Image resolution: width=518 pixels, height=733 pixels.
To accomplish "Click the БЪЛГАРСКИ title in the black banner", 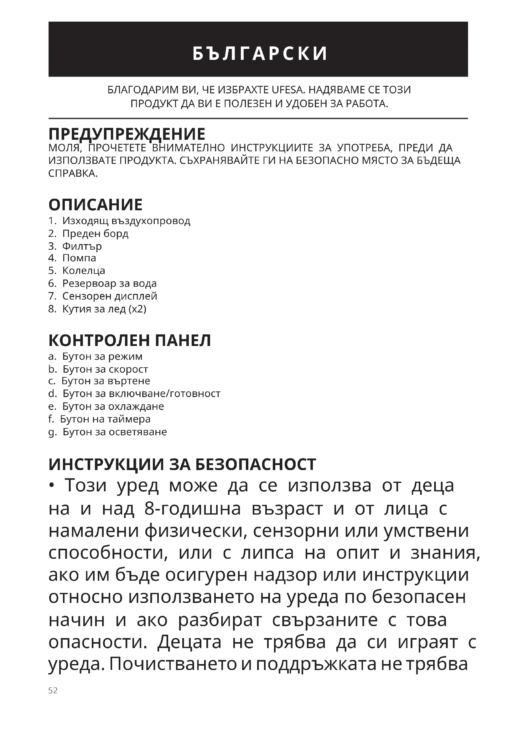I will pyautogui.click(x=260, y=53).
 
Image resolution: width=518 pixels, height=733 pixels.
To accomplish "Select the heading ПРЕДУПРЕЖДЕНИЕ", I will pyautogui.click(x=127, y=134).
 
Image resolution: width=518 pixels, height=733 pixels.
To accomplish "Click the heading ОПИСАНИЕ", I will pyautogui.click(x=96, y=205).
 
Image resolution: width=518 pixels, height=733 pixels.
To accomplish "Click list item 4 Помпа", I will pyautogui.click(x=79, y=258).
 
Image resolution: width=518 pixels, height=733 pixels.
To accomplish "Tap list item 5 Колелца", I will pyautogui.click(x=83, y=271).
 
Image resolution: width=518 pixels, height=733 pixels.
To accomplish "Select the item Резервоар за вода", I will pyautogui.click(x=109, y=284).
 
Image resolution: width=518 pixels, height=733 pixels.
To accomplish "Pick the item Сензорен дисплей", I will pyautogui.click(x=109, y=296).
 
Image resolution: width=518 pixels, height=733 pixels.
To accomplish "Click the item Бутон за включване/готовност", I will pyautogui.click(x=141, y=394).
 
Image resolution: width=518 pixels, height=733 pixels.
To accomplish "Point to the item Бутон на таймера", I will pyautogui.click(x=105, y=419).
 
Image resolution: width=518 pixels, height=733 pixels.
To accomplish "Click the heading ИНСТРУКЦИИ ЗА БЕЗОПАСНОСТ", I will pyautogui.click(x=182, y=464).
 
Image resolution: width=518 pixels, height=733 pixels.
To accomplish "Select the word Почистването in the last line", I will pyautogui.click(x=173, y=664).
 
